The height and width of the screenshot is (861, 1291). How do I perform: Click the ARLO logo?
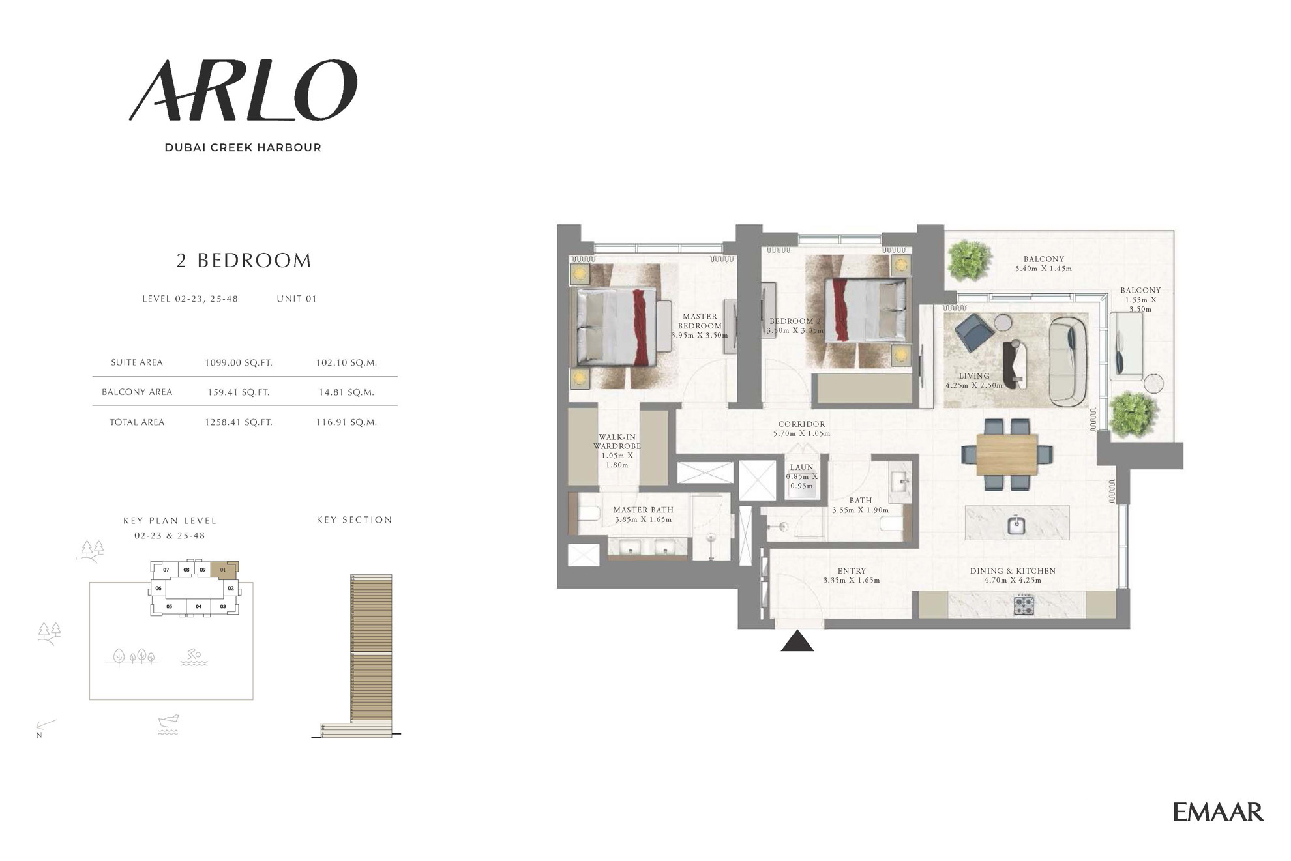[243, 90]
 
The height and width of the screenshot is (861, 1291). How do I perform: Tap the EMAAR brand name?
[1218, 811]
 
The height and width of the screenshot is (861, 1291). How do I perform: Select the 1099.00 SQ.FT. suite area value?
[239, 362]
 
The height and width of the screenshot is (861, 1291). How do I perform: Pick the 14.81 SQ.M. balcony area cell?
[346, 392]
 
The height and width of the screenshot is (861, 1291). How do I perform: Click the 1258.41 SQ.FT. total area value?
[239, 422]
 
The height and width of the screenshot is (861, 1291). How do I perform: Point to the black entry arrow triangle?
[797, 641]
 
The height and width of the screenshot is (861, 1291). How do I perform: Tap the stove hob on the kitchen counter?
[1024, 606]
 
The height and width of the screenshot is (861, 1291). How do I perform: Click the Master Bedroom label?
[700, 326]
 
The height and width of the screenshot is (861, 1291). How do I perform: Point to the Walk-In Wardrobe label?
[617, 451]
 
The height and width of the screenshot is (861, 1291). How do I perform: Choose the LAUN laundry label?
[801, 467]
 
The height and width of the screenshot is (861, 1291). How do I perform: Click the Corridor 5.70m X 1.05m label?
[801, 429]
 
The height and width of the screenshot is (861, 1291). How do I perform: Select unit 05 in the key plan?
[169, 607]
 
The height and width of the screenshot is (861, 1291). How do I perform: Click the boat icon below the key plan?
[168, 724]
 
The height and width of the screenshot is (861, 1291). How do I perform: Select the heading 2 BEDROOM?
[244, 261]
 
